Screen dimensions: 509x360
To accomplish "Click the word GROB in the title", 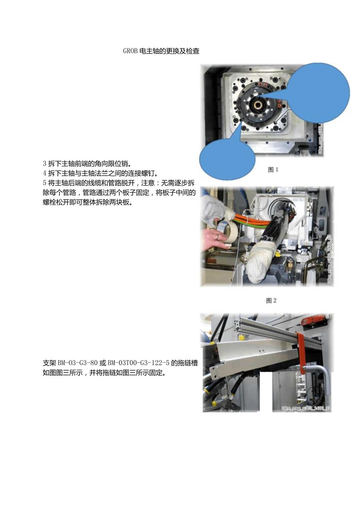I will click(130, 51).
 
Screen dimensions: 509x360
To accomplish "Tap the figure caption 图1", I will click(273, 170).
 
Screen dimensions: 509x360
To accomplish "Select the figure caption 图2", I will click(271, 300).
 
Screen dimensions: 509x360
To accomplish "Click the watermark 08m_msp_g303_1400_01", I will click(306, 408).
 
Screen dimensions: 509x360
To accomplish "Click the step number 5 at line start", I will click(45, 183).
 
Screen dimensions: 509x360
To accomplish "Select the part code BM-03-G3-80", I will click(77, 363).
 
